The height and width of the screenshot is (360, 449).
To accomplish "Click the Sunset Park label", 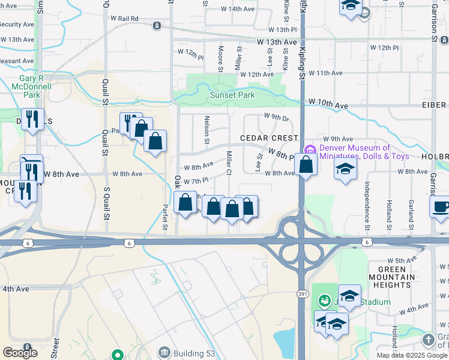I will (x=232, y=95).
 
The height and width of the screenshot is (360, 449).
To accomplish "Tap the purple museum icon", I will (x=310, y=149).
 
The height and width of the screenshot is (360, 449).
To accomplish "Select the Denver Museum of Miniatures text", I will (x=363, y=152).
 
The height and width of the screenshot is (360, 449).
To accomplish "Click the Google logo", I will (x=20, y=353).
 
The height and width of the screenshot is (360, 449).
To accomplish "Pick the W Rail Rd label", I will (x=125, y=19).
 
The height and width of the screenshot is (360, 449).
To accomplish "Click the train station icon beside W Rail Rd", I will (x=157, y=26).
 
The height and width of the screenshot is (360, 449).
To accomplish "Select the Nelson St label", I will (x=206, y=130).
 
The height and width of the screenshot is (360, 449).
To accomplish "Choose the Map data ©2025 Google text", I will (x=412, y=355).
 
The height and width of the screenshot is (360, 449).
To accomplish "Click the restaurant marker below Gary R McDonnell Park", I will (x=32, y=118).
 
